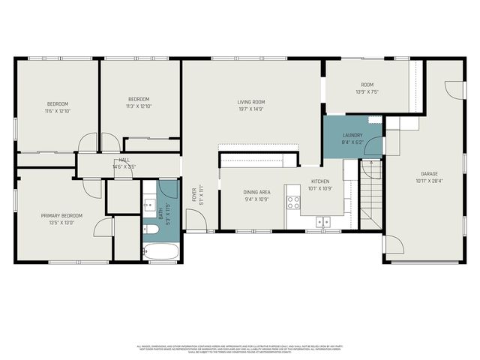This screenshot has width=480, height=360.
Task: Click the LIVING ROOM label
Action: [x=251, y=102]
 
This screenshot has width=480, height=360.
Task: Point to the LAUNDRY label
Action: [x=352, y=135]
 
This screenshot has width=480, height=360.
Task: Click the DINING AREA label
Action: [x=256, y=192]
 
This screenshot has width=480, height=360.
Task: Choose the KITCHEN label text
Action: [x=321, y=182]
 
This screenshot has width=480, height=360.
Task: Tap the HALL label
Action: [x=124, y=160]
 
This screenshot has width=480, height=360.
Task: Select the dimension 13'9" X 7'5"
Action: [x=367, y=91]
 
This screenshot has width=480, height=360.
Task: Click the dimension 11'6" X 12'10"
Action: [x=58, y=110]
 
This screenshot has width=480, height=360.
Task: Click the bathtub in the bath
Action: [x=160, y=251]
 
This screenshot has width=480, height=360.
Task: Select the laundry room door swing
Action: [x=372, y=167]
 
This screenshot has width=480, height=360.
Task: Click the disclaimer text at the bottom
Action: [x=240, y=349]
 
